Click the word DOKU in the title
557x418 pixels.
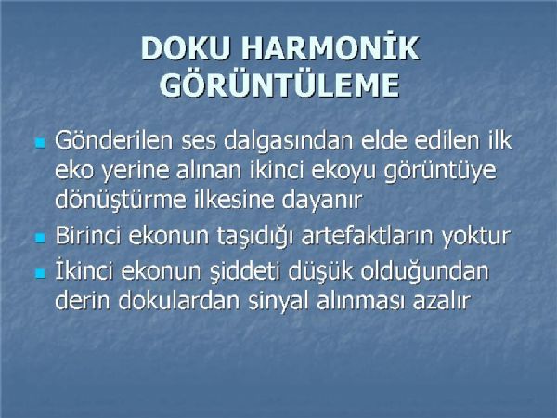pyautogui.click(x=185, y=48)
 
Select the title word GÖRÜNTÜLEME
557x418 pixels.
pyautogui.click(x=280, y=85)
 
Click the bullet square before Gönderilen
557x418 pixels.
pyautogui.click(x=41, y=143)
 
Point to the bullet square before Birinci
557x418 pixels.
pyautogui.click(x=41, y=238)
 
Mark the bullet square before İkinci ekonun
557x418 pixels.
pyautogui.click(x=41, y=273)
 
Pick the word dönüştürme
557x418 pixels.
pyautogui.click(x=121, y=200)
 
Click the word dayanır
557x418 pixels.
pyautogui.click(x=322, y=201)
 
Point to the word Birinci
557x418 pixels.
pyautogui.click(x=88, y=235)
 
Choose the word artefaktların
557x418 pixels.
pyautogui.click(x=369, y=235)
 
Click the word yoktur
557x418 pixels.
pyautogui.click(x=476, y=236)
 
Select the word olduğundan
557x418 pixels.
pyautogui.click(x=425, y=272)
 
